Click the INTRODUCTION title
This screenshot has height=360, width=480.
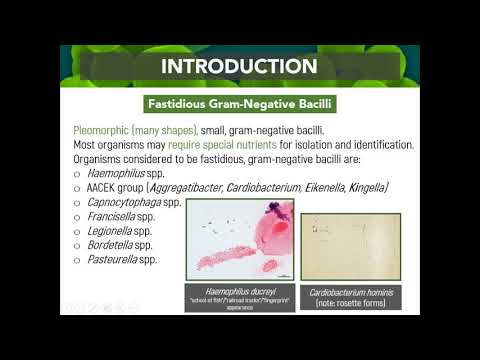point(240,66)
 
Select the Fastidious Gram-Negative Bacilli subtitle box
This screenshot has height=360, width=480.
point(240,103)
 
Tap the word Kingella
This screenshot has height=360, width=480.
point(365,187)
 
